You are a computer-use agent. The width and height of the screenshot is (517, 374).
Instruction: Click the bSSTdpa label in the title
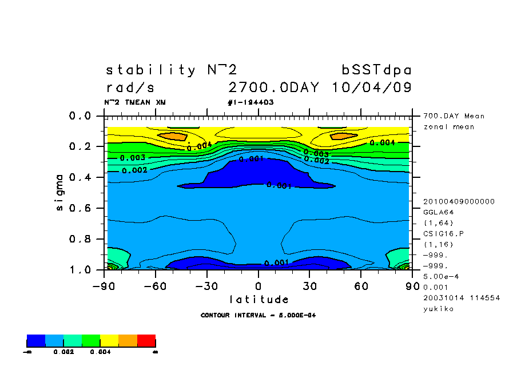(x=376, y=70)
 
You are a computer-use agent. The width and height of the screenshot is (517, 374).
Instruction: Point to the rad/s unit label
(x=130, y=87)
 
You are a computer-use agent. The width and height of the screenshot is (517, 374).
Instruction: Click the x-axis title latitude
(x=259, y=299)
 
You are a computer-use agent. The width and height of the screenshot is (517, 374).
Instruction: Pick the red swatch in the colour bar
(x=146, y=341)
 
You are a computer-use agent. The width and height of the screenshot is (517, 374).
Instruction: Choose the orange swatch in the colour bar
(x=128, y=341)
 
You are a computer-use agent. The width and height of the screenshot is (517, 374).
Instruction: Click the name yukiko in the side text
(x=438, y=309)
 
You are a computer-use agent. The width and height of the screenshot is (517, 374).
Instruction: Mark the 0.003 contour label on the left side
(x=132, y=157)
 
